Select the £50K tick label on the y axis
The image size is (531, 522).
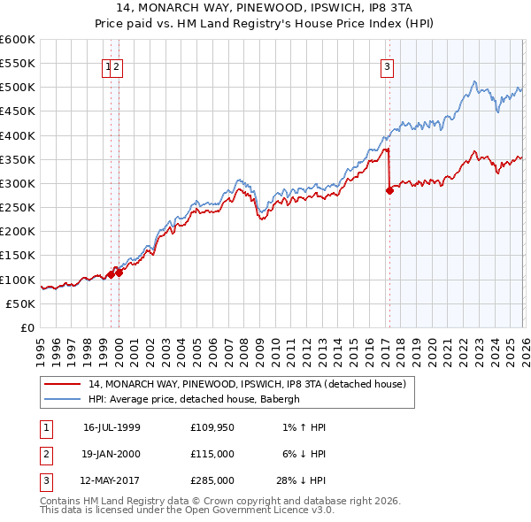pyautogui.click(x=21, y=303)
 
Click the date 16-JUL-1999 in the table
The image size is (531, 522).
pyautogui.click(x=112, y=427)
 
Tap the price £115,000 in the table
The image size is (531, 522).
pyautogui.click(x=212, y=454)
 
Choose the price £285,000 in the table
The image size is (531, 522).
pyautogui.click(x=212, y=480)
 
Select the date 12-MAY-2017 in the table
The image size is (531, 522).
pyautogui.click(x=112, y=480)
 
